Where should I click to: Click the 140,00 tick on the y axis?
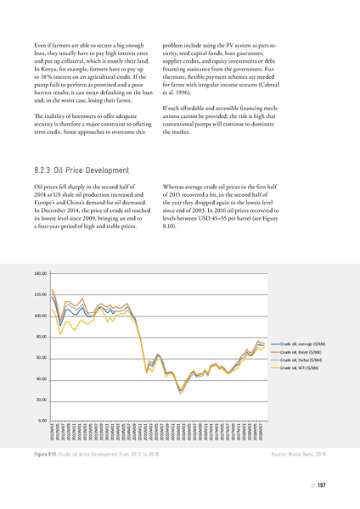pyautogui.click(x=40, y=273)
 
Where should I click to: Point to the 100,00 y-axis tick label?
pyautogui.click(x=40, y=316)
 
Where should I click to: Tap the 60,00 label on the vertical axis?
pyautogui.click(x=41, y=357)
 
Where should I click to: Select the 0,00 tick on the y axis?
pyautogui.click(x=42, y=420)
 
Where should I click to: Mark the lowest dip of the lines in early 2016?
pyautogui.click(x=180, y=392)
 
